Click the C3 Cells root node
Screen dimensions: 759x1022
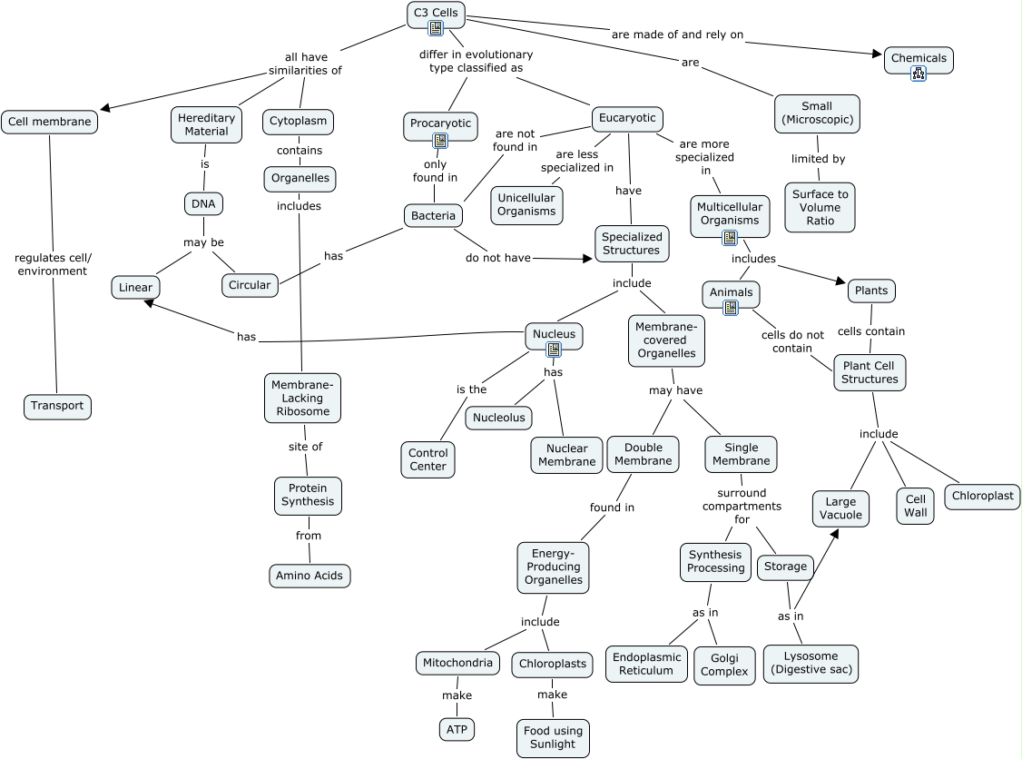[436, 13]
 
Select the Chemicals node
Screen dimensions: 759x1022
[918, 59]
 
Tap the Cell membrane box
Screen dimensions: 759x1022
[49, 122]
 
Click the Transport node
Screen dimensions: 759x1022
[57, 406]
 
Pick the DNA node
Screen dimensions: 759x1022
[203, 204]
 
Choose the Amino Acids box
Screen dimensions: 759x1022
[310, 576]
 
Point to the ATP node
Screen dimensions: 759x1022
[457, 729]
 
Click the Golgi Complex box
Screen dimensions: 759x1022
[724, 665]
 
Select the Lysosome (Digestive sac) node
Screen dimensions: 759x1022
[811, 663]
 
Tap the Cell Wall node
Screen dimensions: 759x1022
[915, 506]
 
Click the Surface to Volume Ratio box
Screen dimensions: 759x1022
[820, 207]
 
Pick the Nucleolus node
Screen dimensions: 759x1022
[498, 418]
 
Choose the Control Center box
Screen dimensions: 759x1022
[427, 459]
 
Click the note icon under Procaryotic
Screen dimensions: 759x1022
[440, 140]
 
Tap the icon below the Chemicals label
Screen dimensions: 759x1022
[918, 74]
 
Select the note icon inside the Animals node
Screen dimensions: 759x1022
[731, 308]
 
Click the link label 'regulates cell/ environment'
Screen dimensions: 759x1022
[53, 264]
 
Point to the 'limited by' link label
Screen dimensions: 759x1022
[818, 159]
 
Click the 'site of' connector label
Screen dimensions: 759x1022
[305, 447]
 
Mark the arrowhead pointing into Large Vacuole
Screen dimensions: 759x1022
[833, 533]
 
